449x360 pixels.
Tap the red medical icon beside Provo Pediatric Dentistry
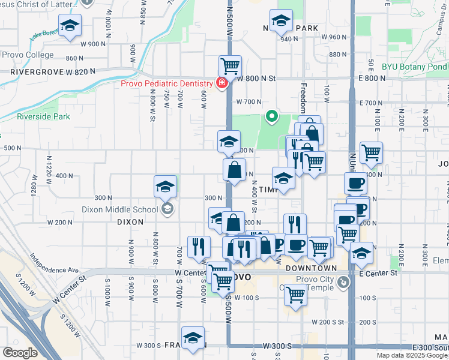tap(221, 83)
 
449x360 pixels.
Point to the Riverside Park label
tap(44, 116)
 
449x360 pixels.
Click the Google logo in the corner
tap(20, 353)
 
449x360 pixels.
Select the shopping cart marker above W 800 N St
tap(230, 66)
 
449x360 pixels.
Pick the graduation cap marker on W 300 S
tap(193, 339)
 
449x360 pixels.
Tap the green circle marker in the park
tap(271, 116)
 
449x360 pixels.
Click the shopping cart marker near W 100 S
tap(295, 295)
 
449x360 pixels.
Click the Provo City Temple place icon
tap(343, 281)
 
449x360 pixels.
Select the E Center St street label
tap(379, 273)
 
